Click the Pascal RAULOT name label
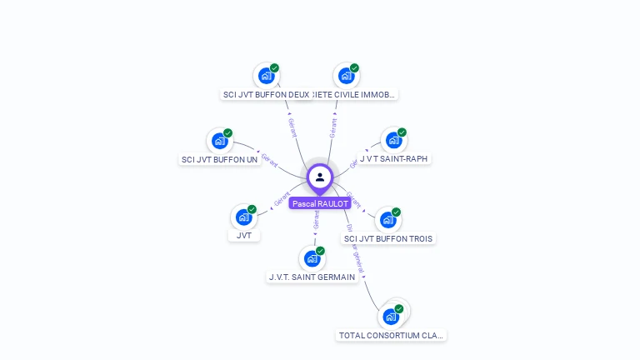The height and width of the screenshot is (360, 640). coord(320,203)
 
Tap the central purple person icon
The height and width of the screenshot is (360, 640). coord(320,177)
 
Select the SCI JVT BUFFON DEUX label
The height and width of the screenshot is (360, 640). coord(267,94)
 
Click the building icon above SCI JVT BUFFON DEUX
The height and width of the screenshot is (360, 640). coord(266,76)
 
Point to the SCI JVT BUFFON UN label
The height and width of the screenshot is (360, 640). coord(220,159)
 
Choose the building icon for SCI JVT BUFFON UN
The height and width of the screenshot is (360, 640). coord(219,141)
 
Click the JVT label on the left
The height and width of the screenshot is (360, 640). coord(243,236)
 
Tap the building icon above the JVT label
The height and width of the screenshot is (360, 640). coord(243,217)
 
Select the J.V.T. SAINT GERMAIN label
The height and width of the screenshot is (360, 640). coord(312,277)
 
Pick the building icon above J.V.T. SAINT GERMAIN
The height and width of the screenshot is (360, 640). coord(312,258)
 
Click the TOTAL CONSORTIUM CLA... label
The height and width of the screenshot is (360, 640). coord(391,335)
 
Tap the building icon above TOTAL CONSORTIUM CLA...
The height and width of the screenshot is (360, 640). coord(391,317)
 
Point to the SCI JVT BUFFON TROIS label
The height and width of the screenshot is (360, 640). coord(389,238)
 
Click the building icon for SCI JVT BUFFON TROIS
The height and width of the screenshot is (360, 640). coord(388,220)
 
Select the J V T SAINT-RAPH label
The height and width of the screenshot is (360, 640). coord(394,158)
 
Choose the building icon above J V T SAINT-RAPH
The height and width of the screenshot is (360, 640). coord(393,140)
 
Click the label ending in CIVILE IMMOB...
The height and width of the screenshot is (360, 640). coord(355,94)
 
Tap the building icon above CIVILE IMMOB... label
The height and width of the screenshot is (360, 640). coord(346,76)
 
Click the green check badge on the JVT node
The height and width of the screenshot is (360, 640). coord(252,209)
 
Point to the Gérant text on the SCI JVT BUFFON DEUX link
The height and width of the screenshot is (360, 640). coord(292,127)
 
